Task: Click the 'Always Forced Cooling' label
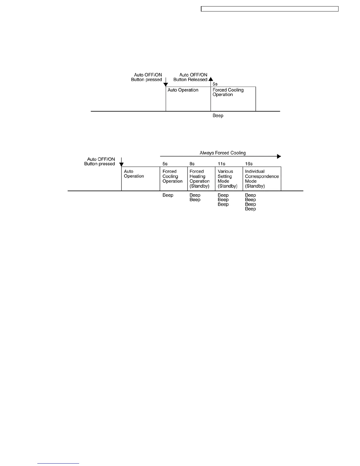click(x=223, y=153)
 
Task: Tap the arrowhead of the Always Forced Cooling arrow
click(x=279, y=157)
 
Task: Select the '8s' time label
click(x=192, y=164)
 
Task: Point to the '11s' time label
click(x=221, y=164)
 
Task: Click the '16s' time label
click(x=249, y=164)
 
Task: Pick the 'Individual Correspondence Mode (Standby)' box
click(x=262, y=179)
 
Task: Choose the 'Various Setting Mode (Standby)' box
click(x=229, y=179)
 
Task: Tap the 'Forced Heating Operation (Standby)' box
click(x=201, y=179)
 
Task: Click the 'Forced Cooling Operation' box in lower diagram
click(x=174, y=179)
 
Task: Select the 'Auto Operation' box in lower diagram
click(x=141, y=179)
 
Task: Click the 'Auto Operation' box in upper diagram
click(x=188, y=99)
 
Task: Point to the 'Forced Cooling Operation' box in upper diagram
click(x=233, y=99)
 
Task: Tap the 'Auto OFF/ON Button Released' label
click(x=190, y=77)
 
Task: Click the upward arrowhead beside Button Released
click(x=211, y=79)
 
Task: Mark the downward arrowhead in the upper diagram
click(x=166, y=84)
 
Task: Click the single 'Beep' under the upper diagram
click(x=218, y=116)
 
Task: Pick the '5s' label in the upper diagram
click(x=215, y=84)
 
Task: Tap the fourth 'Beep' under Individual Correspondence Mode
click(x=250, y=209)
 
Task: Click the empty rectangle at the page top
click(x=270, y=9)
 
